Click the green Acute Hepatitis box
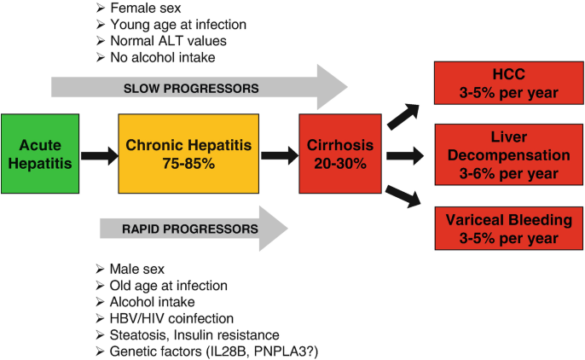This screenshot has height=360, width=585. point(40,154)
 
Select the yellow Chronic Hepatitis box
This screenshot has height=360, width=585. point(188,154)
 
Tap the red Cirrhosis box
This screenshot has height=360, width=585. point(340,154)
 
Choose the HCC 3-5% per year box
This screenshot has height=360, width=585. point(508,84)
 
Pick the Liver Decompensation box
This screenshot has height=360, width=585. point(508,154)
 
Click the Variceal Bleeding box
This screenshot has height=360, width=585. point(508,229)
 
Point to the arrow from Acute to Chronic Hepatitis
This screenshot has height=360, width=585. point(100,155)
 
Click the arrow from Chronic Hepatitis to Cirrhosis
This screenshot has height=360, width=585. point(280,155)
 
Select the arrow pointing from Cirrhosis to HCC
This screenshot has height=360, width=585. point(403,116)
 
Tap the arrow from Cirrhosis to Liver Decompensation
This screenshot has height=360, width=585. point(405,155)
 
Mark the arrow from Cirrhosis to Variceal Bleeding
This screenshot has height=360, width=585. point(403,196)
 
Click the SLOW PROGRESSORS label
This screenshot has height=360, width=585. point(191,89)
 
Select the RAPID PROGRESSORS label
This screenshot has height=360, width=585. point(190,229)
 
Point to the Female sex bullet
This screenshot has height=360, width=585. point(138,8)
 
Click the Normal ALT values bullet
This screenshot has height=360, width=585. point(161,41)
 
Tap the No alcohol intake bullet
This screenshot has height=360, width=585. point(155,57)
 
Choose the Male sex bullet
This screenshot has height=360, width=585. point(130,269)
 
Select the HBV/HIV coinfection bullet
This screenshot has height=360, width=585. point(165,318)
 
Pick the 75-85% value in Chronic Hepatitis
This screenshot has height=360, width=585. point(188,164)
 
